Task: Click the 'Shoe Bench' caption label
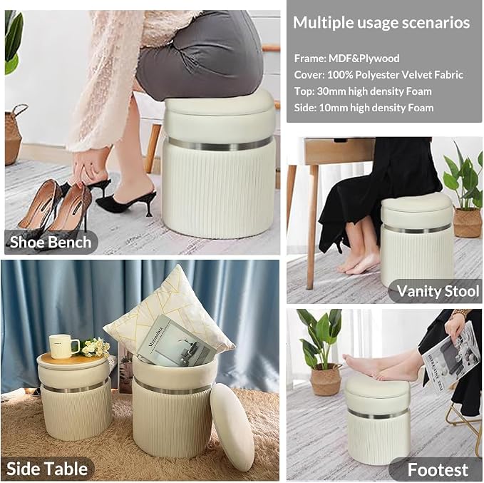coord(51,242)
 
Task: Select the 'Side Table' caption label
coord(47,469)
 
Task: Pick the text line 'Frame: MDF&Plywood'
coord(346,59)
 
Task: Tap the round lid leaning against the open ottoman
coord(233,427)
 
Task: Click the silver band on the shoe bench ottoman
coord(218,145)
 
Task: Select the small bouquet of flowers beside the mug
coord(95,347)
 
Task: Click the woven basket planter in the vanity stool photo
coord(467,223)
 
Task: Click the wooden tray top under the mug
coord(73,358)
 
